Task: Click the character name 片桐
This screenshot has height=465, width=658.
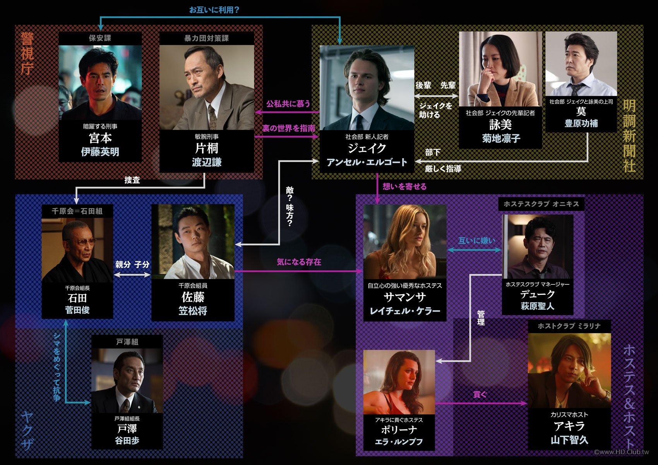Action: [x=207, y=148]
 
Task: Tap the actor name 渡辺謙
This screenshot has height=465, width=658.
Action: [x=207, y=162]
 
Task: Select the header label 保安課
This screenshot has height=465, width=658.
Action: [x=100, y=38]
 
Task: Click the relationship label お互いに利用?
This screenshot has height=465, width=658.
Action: [x=214, y=10]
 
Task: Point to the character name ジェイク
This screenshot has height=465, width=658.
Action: [x=367, y=148]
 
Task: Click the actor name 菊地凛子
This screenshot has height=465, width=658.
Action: [x=501, y=138]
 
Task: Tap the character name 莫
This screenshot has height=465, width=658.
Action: [x=581, y=112]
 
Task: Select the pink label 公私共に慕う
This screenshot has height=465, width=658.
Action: [x=288, y=104]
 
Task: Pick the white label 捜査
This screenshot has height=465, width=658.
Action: [x=132, y=180]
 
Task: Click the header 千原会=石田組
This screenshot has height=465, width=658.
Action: [x=77, y=211]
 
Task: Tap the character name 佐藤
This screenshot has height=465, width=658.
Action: [x=193, y=297]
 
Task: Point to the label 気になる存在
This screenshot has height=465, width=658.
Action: [x=299, y=262]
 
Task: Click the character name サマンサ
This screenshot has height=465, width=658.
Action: [x=404, y=297]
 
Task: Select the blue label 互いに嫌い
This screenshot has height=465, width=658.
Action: [x=476, y=241]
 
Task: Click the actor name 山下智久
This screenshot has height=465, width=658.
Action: [x=569, y=440]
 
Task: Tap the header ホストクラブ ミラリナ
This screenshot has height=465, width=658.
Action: [x=569, y=326]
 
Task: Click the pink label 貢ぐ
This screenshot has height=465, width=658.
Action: [x=480, y=394]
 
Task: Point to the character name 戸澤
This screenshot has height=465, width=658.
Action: [x=127, y=429]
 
